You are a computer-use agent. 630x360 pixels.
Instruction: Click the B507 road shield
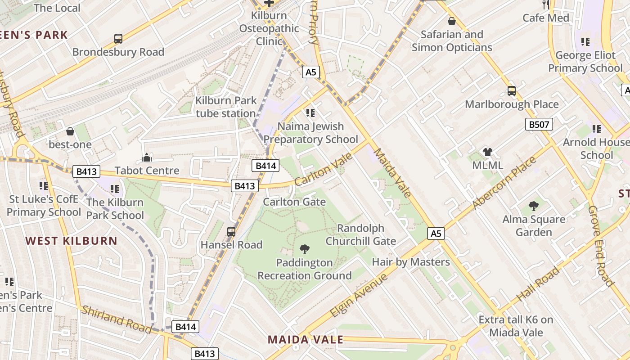tap(539, 124)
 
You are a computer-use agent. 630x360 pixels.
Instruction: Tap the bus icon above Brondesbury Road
tap(118, 39)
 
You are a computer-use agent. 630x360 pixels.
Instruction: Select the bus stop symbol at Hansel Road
tap(231, 231)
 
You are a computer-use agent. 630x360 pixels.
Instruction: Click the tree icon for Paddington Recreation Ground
tap(305, 249)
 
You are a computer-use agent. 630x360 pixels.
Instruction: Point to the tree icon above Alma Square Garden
tap(534, 206)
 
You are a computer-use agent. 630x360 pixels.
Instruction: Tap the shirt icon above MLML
tap(488, 152)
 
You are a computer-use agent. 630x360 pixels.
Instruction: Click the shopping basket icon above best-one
tap(70, 131)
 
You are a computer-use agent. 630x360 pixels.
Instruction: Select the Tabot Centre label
tap(147, 171)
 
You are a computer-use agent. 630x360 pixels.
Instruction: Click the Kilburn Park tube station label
tap(226, 107)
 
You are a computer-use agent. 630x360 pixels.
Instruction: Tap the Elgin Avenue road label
tap(359, 295)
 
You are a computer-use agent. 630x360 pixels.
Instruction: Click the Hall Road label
tap(538, 284)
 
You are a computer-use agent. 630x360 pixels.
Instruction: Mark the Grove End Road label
tap(601, 246)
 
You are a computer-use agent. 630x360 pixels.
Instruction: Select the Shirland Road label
tap(117, 319)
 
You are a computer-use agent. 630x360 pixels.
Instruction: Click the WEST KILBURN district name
tap(72, 241)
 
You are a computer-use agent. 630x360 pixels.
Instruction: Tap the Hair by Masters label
tap(411, 262)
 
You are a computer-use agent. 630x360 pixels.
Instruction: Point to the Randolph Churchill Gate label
tap(361, 234)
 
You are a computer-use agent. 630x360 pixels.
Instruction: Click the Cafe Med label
tap(546, 18)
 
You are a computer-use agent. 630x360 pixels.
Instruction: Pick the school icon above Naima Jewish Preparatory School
tap(310, 112)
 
